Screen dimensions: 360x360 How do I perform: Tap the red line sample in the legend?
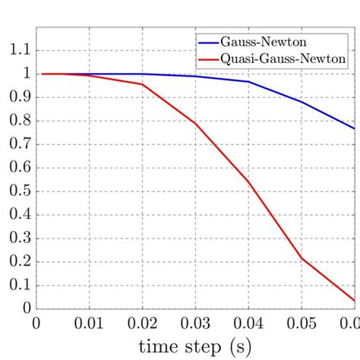pos(209,58)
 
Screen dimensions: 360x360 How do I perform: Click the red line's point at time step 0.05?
pos(302,258)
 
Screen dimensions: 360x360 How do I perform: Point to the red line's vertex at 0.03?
pos(196,123)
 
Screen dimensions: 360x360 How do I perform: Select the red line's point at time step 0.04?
pos(249,182)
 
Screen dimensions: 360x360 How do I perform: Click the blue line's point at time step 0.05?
pos(302,102)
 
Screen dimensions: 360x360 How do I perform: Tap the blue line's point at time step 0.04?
pos(249,81)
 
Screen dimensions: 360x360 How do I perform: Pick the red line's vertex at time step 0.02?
pos(143,84)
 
